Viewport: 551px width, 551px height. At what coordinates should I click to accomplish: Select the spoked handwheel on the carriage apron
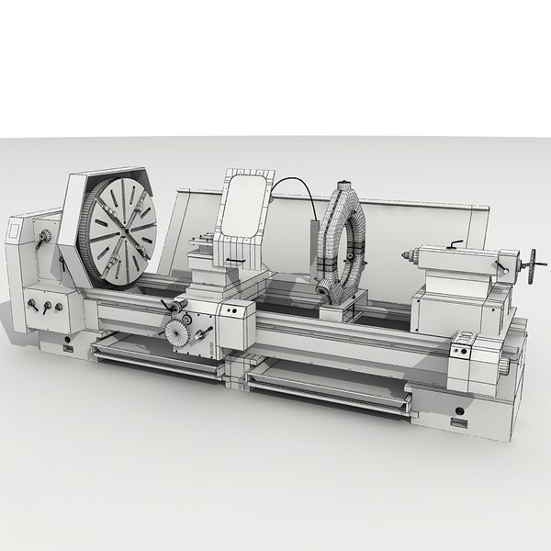pos(171,332)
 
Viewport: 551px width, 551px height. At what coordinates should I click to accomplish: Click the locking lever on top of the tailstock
pos(455,245)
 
